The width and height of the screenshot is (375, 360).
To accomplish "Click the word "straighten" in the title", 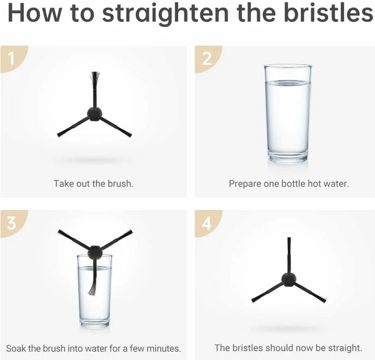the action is (165, 14).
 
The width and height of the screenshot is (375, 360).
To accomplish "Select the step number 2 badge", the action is (206, 59).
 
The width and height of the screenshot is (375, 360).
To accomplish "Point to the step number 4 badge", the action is (206, 223).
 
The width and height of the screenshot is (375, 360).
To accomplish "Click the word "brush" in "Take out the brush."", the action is (120, 184).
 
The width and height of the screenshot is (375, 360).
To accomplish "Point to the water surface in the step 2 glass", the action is (288, 82).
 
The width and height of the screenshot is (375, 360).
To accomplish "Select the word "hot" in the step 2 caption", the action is (314, 184).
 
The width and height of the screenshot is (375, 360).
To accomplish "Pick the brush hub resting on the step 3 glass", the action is (95, 253).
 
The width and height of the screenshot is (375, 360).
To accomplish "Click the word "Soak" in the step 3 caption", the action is (16, 349).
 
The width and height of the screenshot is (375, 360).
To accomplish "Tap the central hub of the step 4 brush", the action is (289, 279).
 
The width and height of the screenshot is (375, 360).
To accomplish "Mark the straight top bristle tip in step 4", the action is (289, 239).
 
